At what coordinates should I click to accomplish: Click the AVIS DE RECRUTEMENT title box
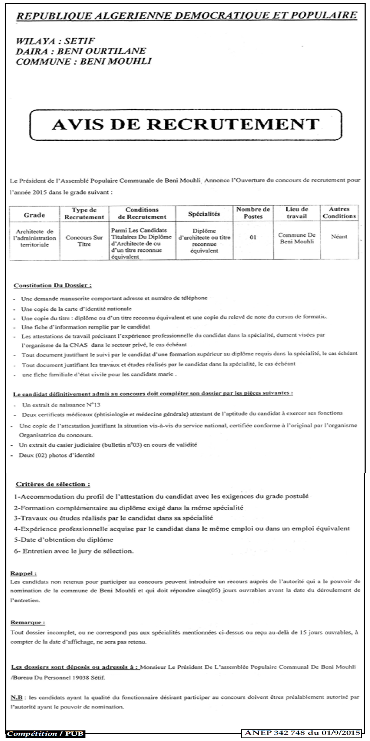tap(186, 124)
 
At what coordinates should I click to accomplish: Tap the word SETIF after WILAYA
tap(79, 41)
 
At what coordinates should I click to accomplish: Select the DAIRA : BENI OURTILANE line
tap(81, 51)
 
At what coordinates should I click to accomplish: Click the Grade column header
tap(34, 215)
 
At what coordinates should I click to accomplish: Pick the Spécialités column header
tap(204, 214)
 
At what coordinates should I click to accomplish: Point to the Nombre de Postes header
tap(253, 213)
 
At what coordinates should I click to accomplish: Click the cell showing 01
tap(253, 237)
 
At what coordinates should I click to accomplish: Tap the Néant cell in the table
tap(339, 237)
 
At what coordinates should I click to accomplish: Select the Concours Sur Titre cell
tap(84, 241)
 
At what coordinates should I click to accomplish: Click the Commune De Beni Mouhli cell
tap(297, 238)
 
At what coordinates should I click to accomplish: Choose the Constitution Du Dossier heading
tap(53, 285)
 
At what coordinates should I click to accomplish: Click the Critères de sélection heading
tap(53, 484)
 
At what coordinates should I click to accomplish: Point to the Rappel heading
tap(23, 573)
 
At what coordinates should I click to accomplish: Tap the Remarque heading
tap(28, 622)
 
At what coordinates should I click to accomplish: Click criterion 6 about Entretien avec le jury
tap(74, 551)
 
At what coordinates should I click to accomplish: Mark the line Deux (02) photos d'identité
tap(57, 455)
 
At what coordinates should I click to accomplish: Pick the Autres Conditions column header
tap(339, 213)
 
